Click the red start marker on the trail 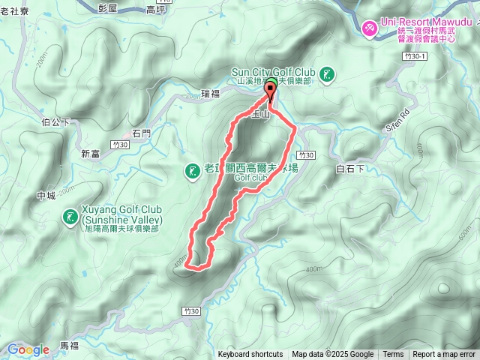[x=270, y=91]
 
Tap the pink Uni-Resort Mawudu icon [x=370, y=28]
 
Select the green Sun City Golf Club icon [x=326, y=74]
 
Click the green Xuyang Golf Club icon [x=70, y=217]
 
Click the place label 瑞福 [x=211, y=94]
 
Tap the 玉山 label [x=259, y=113]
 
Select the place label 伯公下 [x=56, y=121]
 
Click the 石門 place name [x=141, y=133]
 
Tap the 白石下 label [x=350, y=170]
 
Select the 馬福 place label [x=69, y=346]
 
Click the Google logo [x=28, y=349]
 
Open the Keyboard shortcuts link [x=250, y=355]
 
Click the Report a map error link [x=444, y=355]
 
